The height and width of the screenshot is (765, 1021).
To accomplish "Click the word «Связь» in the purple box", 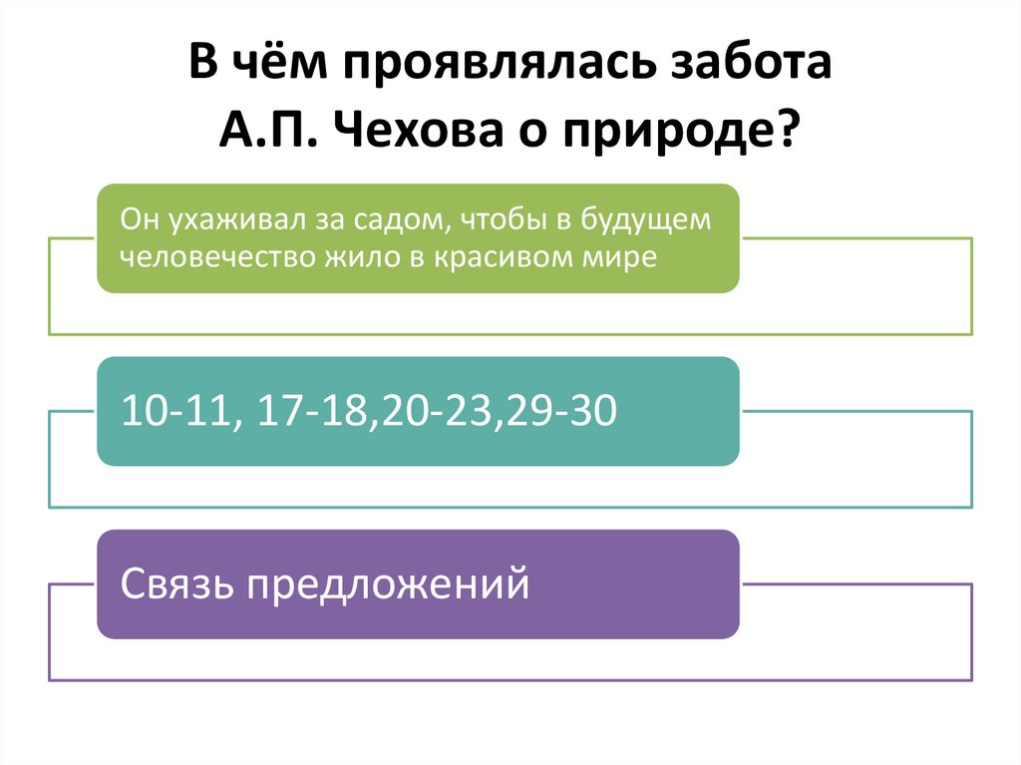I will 177,583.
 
